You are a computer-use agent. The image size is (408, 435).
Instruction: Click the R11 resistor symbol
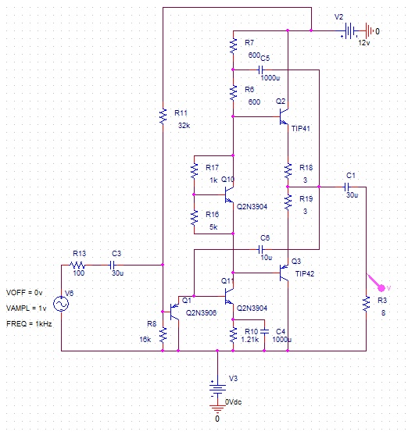[x=163, y=116]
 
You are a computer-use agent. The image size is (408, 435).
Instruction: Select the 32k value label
[x=184, y=126]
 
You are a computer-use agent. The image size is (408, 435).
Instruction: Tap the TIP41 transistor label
[x=300, y=128]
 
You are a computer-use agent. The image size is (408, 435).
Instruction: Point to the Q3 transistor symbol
[x=284, y=273]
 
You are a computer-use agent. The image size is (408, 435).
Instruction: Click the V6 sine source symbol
[x=61, y=304]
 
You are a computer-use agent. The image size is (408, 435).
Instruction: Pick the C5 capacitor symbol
[x=261, y=70]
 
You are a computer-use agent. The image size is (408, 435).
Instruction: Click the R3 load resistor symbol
[x=366, y=304]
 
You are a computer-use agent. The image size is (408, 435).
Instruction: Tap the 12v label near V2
[x=364, y=43]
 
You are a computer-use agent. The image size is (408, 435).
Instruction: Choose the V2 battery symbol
[x=349, y=30]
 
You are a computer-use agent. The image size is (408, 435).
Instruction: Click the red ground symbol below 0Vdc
[x=217, y=408]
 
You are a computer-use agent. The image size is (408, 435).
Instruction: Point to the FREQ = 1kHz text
[x=29, y=324]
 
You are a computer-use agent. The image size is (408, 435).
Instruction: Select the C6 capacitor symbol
[x=261, y=249]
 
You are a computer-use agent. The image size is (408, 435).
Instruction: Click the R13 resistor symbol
[x=77, y=265]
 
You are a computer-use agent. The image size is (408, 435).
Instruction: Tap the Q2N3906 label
[x=201, y=313]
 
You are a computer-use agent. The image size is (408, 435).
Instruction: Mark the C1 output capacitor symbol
[x=346, y=187]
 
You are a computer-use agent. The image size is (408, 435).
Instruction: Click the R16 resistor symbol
[x=194, y=218]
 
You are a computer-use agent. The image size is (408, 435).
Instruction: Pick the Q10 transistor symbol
[x=229, y=194]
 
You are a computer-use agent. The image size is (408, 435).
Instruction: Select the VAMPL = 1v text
[x=27, y=308]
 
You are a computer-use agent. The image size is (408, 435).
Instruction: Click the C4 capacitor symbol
[x=265, y=331]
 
